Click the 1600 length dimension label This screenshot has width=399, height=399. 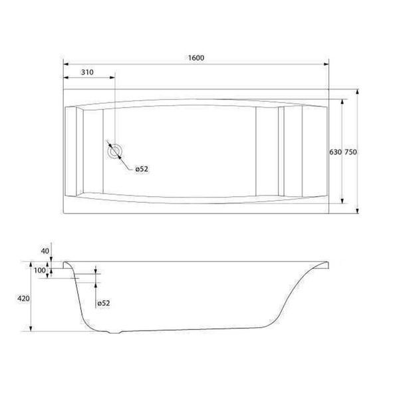(196, 58)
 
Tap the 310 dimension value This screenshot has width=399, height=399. (87, 72)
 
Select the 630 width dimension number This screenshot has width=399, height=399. (335, 152)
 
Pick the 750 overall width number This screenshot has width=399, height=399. (350, 152)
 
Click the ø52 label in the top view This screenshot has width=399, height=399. (142, 169)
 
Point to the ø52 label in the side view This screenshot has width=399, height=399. (104, 303)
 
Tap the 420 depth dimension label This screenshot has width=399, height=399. (23, 299)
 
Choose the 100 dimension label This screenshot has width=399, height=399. (40, 270)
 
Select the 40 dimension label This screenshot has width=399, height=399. (45, 251)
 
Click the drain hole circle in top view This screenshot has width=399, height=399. (115, 151)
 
